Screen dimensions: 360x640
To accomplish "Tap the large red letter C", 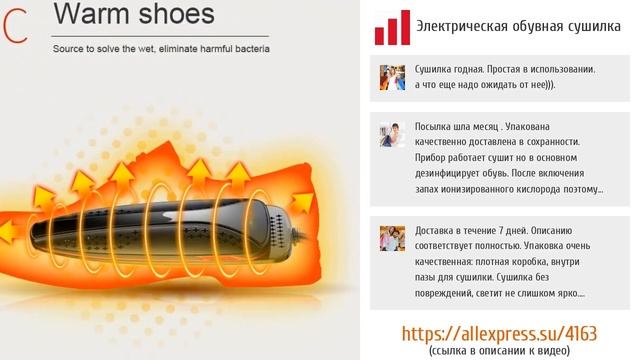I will pos(14,27).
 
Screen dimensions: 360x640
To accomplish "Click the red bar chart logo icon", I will pos(392,28).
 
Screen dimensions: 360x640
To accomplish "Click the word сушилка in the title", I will pos(594,27).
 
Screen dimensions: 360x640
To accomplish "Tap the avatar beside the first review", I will pos(392,77).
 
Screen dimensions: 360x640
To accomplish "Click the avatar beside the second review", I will pos(392,135).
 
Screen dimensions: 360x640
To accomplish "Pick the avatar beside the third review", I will pos(392,238).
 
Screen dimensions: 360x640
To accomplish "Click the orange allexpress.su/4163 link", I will pos(497,332).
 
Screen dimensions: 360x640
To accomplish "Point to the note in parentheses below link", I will pos(497,351).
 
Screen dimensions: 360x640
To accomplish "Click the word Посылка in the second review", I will pos(437,127).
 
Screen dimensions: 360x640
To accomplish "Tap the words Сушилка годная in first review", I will pos(449,70).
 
